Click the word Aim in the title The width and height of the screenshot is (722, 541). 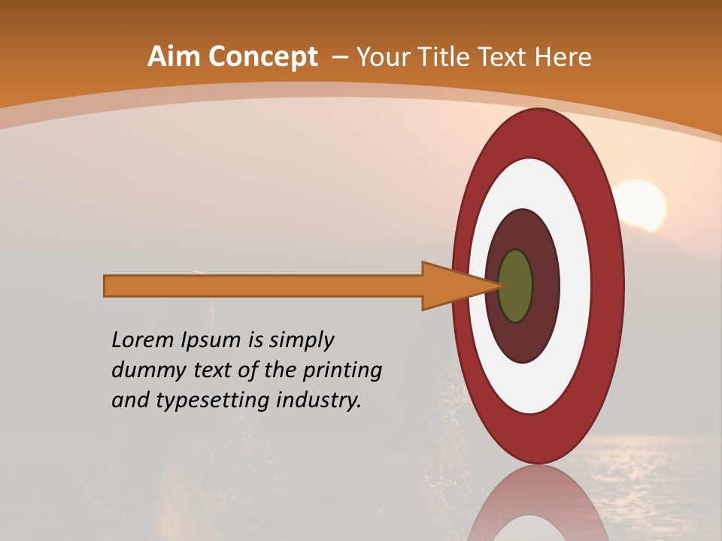(x=174, y=57)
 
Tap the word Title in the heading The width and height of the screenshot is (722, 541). (x=449, y=57)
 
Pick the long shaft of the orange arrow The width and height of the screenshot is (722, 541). (x=263, y=286)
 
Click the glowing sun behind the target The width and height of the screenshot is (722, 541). (x=644, y=203)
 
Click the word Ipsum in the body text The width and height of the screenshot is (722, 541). (x=211, y=340)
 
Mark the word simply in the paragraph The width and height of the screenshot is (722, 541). (x=301, y=340)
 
